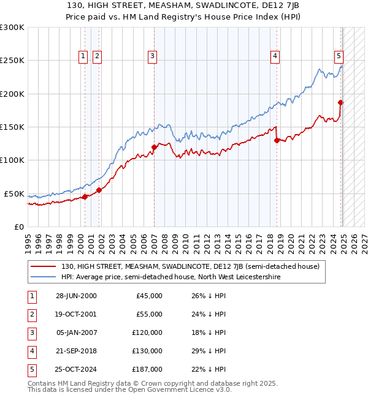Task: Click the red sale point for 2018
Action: [x=277, y=140]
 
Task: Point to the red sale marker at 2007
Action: [x=154, y=147]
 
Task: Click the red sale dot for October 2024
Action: [x=340, y=102]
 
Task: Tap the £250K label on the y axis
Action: [x=12, y=61]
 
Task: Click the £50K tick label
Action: [x=15, y=193]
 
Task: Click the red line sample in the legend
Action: [x=43, y=266]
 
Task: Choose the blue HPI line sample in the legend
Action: [x=43, y=277]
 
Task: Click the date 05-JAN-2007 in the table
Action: [x=76, y=332]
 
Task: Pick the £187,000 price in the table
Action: [x=148, y=369]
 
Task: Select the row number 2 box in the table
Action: [x=31, y=314]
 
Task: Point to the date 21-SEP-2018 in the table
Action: [x=76, y=350]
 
